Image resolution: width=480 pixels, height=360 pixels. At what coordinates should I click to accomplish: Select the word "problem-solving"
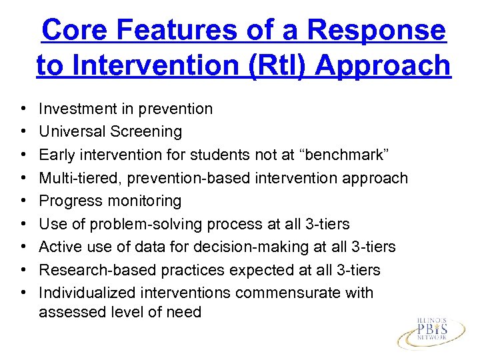tap(144, 224)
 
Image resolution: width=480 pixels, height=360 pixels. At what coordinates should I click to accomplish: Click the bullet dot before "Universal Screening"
tap(23, 132)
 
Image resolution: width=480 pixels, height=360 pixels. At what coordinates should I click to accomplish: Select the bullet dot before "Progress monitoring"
tap(23, 201)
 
